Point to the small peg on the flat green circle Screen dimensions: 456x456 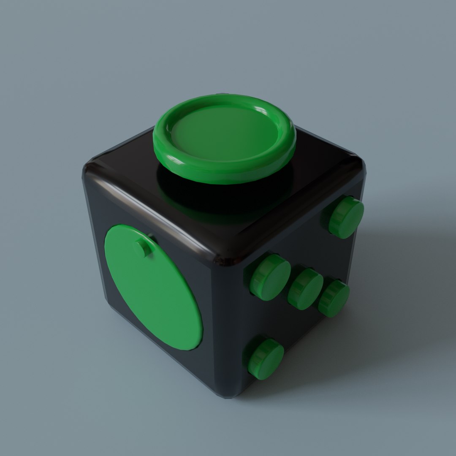(143, 247)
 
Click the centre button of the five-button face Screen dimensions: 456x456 (305, 289)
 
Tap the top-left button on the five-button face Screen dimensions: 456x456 (270, 277)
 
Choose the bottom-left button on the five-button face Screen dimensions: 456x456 (266, 358)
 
